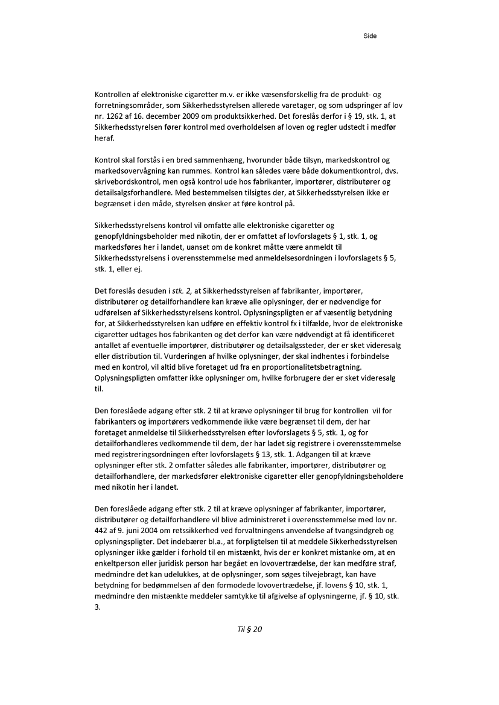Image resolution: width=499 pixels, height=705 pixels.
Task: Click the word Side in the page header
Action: [x=370, y=36]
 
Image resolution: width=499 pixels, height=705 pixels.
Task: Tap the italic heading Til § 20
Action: [x=250, y=629]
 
